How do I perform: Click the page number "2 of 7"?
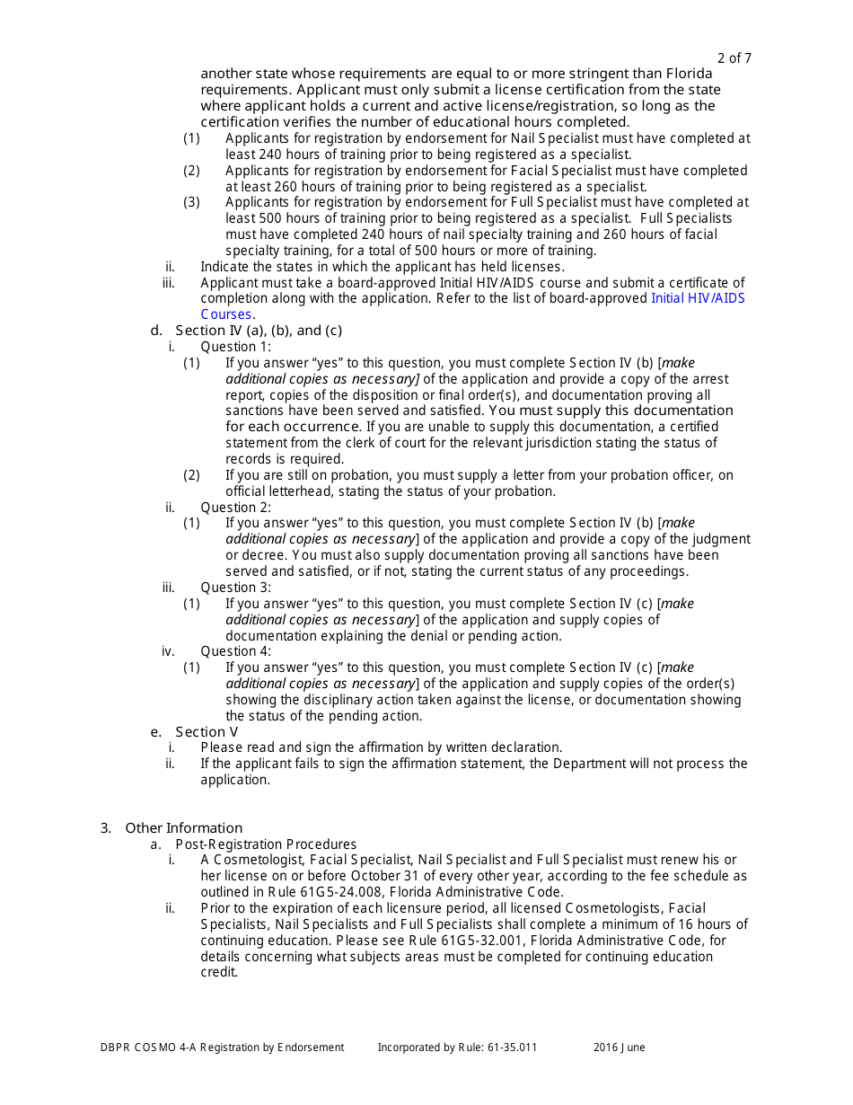(734, 58)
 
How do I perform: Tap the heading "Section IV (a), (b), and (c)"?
(259, 331)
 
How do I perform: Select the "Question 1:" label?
(235, 347)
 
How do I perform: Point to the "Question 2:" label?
(235, 508)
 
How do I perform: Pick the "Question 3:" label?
(235, 588)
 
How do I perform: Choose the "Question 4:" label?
(235, 651)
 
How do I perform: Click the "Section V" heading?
(207, 732)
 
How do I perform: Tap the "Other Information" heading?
(183, 828)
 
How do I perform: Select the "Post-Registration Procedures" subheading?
(266, 844)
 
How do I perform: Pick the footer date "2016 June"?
(619, 1048)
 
